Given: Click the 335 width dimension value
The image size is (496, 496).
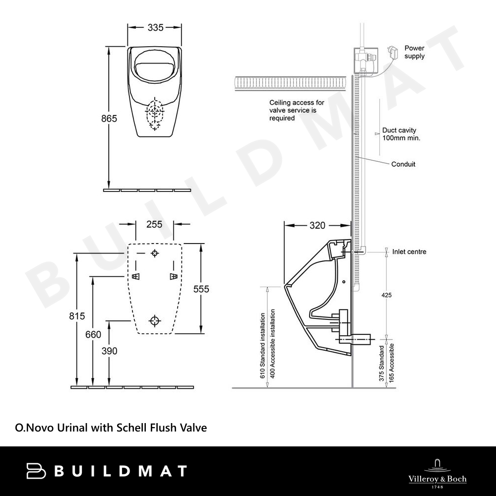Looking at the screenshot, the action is pos(156,27).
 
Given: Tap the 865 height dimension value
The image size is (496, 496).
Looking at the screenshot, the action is pos(109,119).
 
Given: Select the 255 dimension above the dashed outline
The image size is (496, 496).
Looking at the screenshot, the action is pos(154,224).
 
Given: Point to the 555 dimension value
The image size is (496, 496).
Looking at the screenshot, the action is pos(201,289).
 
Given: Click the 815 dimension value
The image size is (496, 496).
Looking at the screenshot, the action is pos(77,315).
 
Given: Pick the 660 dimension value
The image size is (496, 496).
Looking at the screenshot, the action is pos(93,334).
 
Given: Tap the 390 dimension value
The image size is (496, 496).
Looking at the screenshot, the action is pos(110,351).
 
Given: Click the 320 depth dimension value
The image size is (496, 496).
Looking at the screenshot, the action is pos(317,225).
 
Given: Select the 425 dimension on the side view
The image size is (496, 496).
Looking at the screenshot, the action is pos(386,295).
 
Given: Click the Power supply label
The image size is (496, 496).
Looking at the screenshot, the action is pos(414,52).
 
